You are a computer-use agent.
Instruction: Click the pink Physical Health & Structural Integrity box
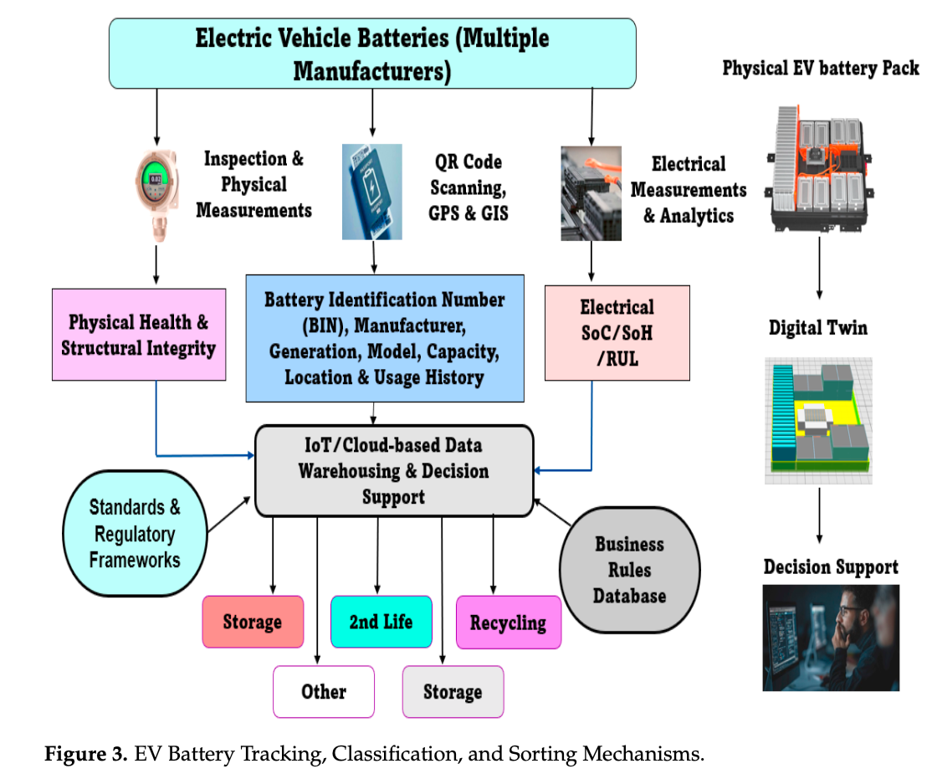(x=139, y=336)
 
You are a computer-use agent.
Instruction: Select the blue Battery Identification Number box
(x=385, y=339)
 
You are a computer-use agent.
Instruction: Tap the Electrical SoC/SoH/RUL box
(x=617, y=333)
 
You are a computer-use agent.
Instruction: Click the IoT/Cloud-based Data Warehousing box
(x=393, y=470)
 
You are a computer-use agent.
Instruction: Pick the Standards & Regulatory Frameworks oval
(x=135, y=534)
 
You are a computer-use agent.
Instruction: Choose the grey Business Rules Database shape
(x=629, y=570)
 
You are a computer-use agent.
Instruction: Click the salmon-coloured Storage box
(x=252, y=622)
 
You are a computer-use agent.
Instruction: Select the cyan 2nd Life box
(x=381, y=622)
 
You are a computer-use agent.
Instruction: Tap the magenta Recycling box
(x=508, y=623)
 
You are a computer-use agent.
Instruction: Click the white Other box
(x=324, y=691)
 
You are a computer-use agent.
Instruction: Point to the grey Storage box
(x=453, y=692)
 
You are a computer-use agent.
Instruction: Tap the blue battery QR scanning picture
(x=371, y=192)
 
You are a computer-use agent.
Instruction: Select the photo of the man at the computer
(x=830, y=637)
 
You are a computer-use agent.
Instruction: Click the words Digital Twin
(x=817, y=328)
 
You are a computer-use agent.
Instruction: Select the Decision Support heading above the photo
(x=830, y=567)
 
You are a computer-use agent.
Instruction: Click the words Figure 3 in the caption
(x=84, y=755)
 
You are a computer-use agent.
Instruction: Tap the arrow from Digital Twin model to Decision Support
(x=819, y=515)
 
